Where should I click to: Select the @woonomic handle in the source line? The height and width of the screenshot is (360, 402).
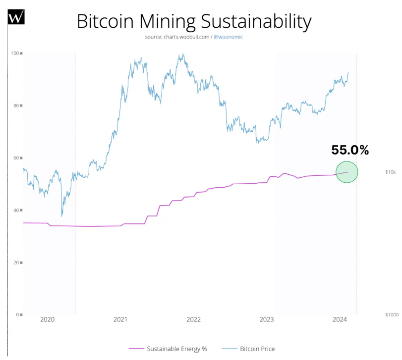click(228, 37)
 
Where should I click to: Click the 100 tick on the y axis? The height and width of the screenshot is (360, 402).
click(16, 53)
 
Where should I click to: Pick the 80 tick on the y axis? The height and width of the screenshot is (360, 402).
click(17, 105)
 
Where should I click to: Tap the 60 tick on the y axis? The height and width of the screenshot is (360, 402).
click(17, 158)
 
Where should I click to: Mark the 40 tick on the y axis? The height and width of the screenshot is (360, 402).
click(17, 210)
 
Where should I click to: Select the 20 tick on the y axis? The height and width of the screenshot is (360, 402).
click(17, 262)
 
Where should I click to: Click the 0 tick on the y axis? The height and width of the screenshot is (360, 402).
click(18, 314)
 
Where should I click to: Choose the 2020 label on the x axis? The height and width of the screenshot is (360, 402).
click(47, 319)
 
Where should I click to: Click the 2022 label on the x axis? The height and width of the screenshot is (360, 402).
click(193, 319)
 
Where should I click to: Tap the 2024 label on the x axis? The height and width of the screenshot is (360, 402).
click(340, 319)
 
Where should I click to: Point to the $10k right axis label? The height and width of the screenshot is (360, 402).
click(390, 172)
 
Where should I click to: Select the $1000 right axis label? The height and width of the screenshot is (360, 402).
click(392, 314)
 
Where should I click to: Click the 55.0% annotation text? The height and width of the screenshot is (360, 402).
click(350, 151)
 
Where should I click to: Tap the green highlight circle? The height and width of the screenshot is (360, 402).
click(347, 172)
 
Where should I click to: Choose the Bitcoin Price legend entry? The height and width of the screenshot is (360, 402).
click(257, 349)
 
